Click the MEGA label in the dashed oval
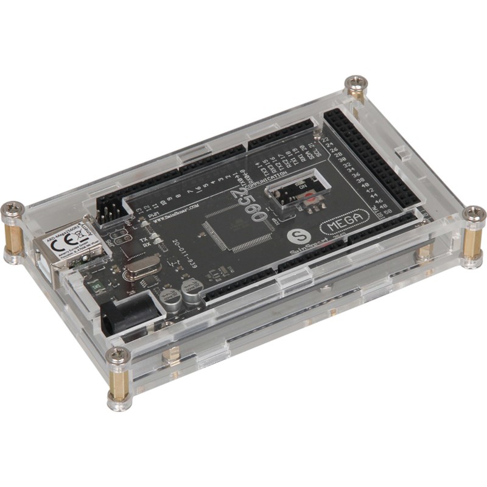coord(345,224)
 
